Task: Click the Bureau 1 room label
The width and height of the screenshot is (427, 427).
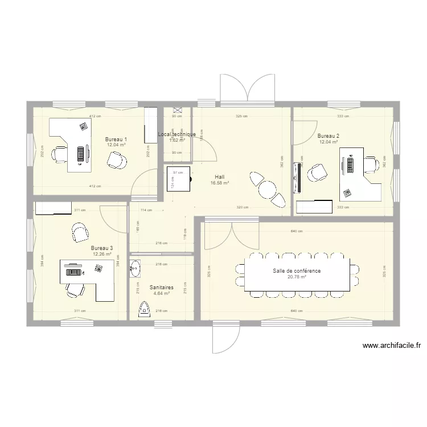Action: click(x=116, y=139)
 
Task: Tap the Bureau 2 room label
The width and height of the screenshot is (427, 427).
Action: click(x=329, y=136)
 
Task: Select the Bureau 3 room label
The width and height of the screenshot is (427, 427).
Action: click(x=101, y=248)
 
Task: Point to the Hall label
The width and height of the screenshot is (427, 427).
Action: click(x=219, y=176)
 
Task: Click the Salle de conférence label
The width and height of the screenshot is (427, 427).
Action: click(x=296, y=271)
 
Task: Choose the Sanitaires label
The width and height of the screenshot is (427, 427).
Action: click(x=162, y=288)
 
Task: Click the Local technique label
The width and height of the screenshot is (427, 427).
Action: click(x=176, y=134)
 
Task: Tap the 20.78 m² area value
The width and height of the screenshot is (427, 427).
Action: click(x=296, y=277)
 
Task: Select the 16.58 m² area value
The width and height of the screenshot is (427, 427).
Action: click(x=219, y=183)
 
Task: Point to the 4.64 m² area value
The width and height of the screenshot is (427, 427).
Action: click(x=162, y=294)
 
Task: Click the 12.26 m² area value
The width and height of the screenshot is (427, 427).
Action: click(x=101, y=254)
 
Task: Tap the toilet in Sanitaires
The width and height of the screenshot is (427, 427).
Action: click(x=143, y=309)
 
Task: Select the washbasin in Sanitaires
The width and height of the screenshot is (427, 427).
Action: click(x=134, y=268)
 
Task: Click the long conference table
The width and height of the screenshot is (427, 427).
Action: click(x=296, y=274)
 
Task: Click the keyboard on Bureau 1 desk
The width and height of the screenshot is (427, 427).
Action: click(x=80, y=153)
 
